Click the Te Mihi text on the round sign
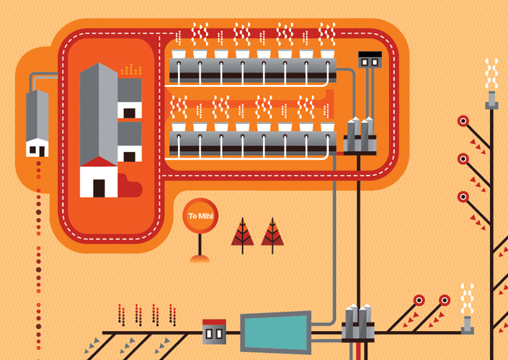pyautogui.click(x=200, y=216)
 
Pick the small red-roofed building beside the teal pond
pyautogui.click(x=214, y=330)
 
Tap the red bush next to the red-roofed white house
pyautogui.click(x=130, y=186)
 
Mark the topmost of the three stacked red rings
pyautogui.click(x=463, y=121)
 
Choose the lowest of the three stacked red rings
pyautogui.click(x=463, y=196)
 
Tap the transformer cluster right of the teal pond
pyautogui.click(x=359, y=323)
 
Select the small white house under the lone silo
pyautogui.click(x=37, y=148)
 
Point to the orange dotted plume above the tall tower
pyautogui.click(x=131, y=70)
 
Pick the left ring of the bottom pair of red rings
pyautogui.click(x=419, y=300)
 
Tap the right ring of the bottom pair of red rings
pyautogui.click(x=445, y=300)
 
